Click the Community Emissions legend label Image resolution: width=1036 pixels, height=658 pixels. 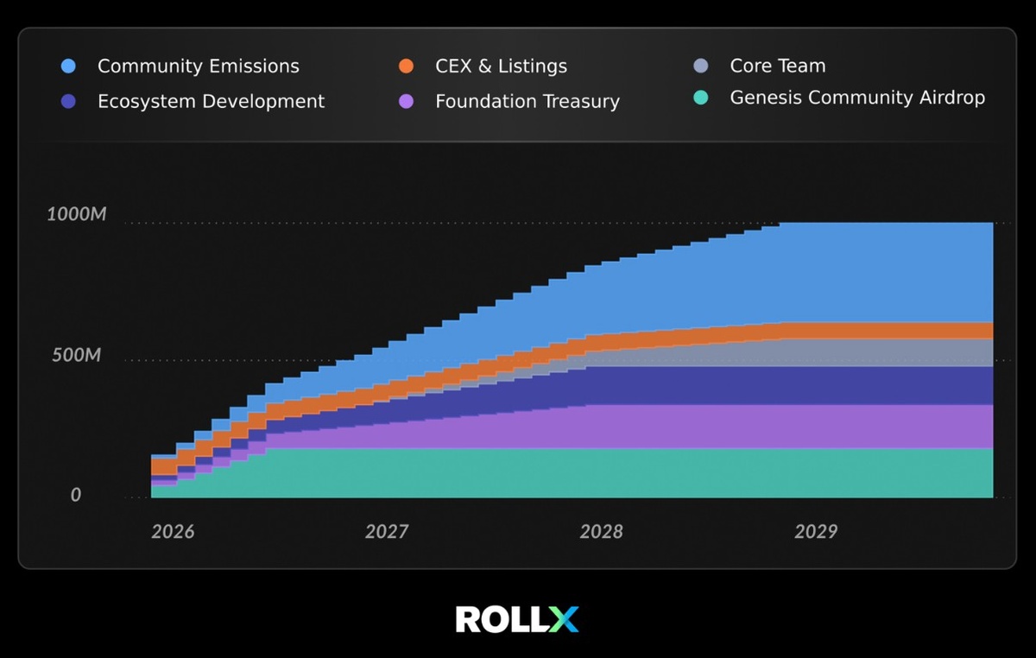tap(198, 66)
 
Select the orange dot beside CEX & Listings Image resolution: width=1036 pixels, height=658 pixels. tap(407, 66)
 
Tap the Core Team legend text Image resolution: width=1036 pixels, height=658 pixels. tap(777, 66)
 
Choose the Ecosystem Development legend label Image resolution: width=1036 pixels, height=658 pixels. tap(211, 102)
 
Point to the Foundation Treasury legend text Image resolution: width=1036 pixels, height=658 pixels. tap(527, 102)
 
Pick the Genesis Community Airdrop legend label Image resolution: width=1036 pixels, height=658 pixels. tap(856, 98)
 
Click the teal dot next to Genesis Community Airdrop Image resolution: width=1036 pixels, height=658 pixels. tap(701, 98)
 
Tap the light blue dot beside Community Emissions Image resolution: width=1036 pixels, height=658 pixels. tap(69, 66)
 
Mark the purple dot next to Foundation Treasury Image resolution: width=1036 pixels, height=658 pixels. tap(407, 102)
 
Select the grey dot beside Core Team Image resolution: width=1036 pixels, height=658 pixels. tap(701, 66)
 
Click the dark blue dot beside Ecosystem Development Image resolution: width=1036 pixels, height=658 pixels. tap(69, 102)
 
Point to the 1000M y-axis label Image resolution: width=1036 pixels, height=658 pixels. tap(77, 214)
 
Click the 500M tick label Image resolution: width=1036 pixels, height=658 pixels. tap(77, 356)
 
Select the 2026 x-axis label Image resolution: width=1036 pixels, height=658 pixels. tap(173, 532)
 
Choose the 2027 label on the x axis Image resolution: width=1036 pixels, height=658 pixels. tap(386, 532)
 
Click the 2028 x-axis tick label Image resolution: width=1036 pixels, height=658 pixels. tap(601, 532)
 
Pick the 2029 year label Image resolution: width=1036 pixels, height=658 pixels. tap(815, 532)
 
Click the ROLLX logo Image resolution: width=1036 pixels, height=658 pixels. tap(517, 619)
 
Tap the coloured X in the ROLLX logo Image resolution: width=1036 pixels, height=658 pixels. tap(565, 619)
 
